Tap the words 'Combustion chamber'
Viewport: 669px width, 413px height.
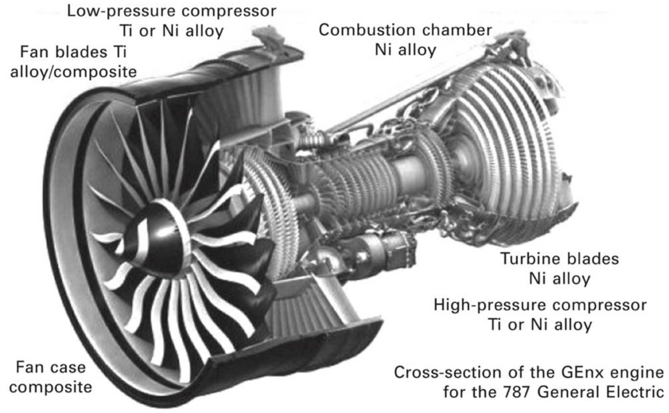pyautogui.click(x=405, y=30)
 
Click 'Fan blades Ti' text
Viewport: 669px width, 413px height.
pyautogui.click(x=73, y=52)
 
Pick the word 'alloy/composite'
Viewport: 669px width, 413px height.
pyautogui.click(x=73, y=72)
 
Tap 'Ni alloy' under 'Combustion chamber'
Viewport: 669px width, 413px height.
pyautogui.click(x=405, y=50)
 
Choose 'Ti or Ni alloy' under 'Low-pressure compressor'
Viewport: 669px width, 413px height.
pyautogui.click(x=171, y=31)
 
